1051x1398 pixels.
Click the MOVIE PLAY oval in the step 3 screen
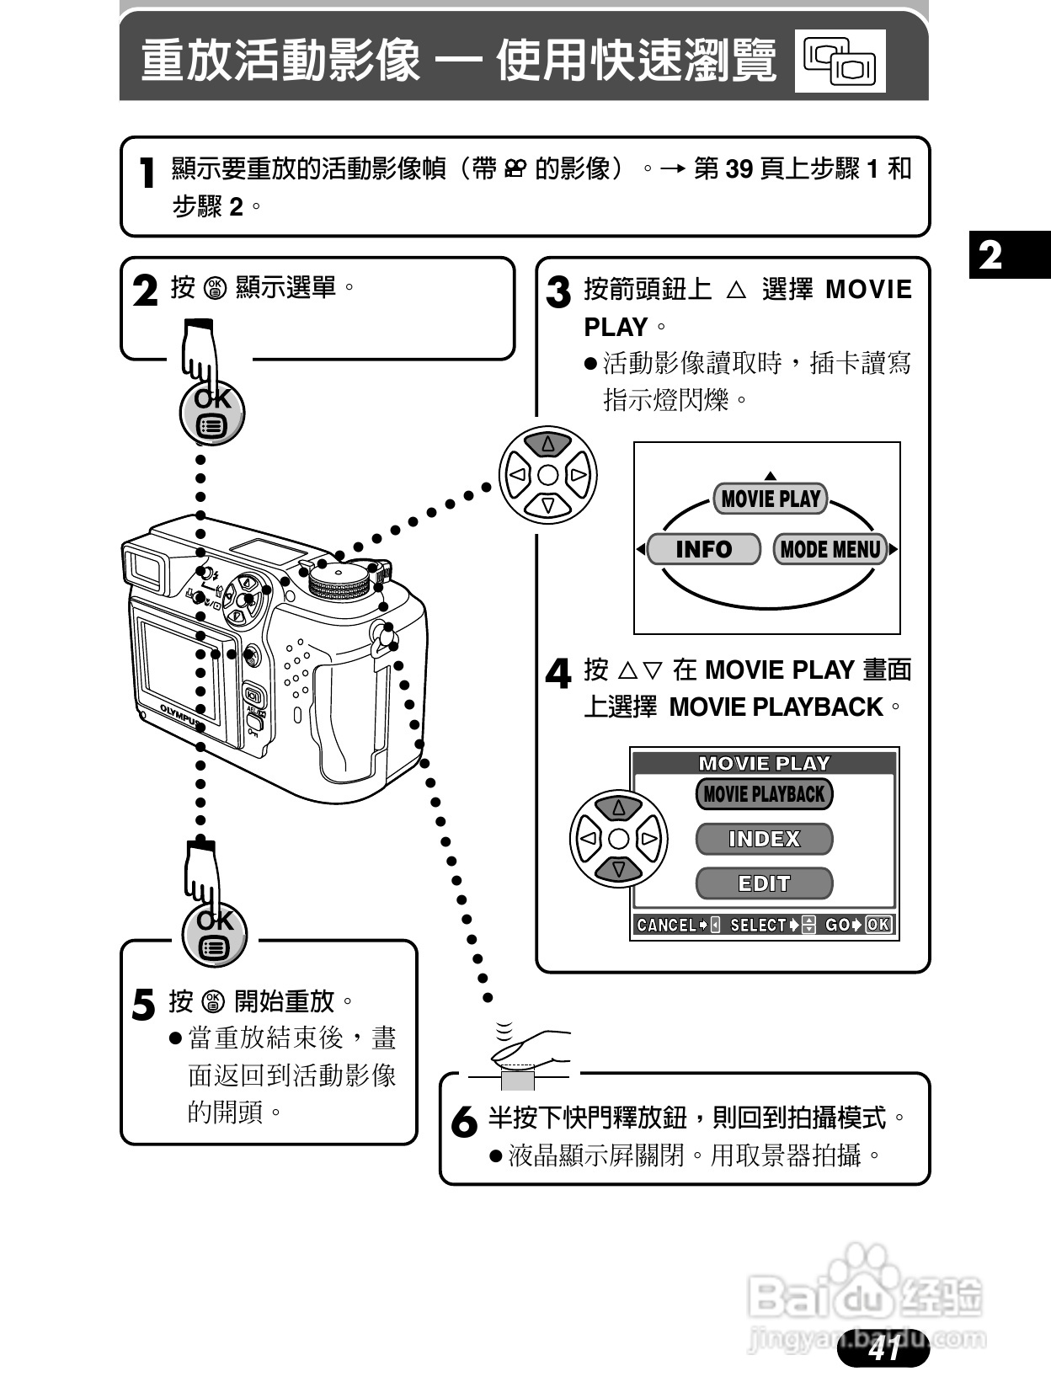coord(770,499)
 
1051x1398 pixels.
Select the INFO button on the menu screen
coord(704,549)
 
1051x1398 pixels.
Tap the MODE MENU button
coord(830,549)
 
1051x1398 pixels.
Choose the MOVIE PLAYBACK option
coord(764,794)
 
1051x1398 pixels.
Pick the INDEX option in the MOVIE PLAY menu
coord(764,839)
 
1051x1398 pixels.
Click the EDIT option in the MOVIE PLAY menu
coord(764,883)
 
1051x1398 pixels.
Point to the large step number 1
coord(148,173)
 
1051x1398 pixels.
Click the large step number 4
coord(558,674)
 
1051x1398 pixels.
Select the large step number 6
coord(464,1122)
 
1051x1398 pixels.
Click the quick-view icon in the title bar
coord(840,61)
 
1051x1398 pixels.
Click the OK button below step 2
coord(211,413)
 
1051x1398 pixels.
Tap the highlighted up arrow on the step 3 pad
coord(548,443)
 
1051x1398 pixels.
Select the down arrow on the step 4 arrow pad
coord(619,869)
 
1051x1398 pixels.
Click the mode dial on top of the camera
coord(340,581)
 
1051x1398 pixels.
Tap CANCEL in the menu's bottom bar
coord(667,925)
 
